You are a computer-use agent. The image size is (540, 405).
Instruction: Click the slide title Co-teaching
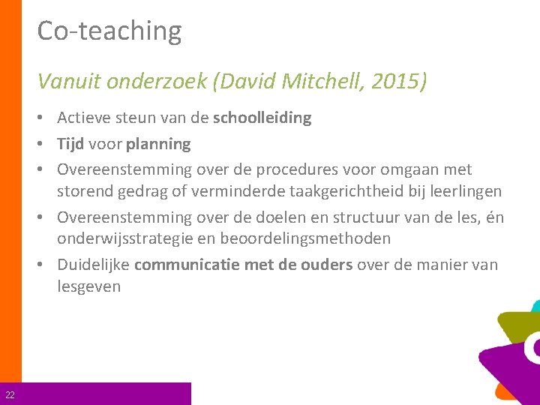click(109, 31)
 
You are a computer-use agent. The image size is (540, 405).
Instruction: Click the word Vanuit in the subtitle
click(70, 80)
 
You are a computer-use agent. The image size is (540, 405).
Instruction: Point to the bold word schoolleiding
click(262, 118)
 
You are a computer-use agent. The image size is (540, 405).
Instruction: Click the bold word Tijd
click(71, 143)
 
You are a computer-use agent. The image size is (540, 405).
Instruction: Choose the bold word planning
click(159, 144)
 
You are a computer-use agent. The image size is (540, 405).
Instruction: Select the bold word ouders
click(328, 265)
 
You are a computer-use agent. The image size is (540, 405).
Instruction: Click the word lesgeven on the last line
click(88, 286)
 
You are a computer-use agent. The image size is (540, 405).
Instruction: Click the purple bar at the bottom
click(105, 394)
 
